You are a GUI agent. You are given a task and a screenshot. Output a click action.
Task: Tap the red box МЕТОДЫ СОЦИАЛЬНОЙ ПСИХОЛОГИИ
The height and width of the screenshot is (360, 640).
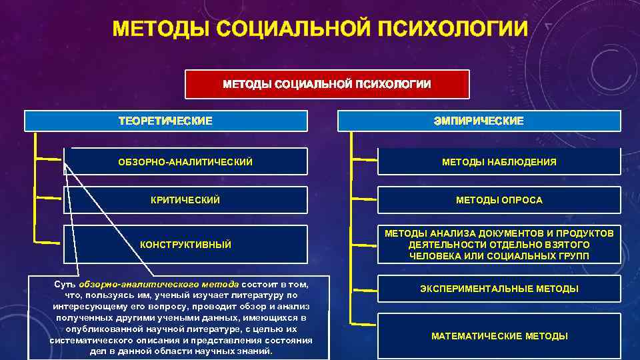coord(327,84)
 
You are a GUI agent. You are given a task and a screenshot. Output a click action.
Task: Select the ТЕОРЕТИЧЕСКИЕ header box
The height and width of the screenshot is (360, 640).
coord(165,121)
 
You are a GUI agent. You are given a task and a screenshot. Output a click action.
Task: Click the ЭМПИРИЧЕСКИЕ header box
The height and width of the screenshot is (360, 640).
coord(479,121)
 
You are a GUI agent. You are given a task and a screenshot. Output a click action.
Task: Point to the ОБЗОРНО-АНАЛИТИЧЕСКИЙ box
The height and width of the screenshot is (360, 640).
coord(185,162)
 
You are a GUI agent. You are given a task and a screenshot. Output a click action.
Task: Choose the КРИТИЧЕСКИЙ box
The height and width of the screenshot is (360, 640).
coord(185,200)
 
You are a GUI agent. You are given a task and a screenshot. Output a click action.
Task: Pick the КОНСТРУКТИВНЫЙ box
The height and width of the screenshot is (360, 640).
coord(185,245)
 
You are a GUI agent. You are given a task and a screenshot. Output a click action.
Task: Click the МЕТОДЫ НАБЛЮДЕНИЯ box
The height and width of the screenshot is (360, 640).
coord(499,162)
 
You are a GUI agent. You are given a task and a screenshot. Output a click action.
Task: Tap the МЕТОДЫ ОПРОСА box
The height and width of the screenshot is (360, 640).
coord(499,200)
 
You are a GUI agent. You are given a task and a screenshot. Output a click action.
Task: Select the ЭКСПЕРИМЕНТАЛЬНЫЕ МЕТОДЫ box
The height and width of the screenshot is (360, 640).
coord(499,289)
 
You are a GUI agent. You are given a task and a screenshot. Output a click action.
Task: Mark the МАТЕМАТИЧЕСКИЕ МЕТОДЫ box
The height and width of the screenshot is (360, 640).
coord(499,336)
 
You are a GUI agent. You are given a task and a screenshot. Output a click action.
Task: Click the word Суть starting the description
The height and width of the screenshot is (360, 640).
coord(65,284)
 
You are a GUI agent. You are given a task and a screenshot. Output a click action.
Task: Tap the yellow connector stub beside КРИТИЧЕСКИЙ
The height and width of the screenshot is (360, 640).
coord(48,199)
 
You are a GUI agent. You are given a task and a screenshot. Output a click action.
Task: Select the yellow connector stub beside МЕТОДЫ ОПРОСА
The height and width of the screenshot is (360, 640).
coord(363,199)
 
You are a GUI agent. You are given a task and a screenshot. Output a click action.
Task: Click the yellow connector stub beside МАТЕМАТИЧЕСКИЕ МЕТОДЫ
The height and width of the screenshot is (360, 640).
coord(363,313)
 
